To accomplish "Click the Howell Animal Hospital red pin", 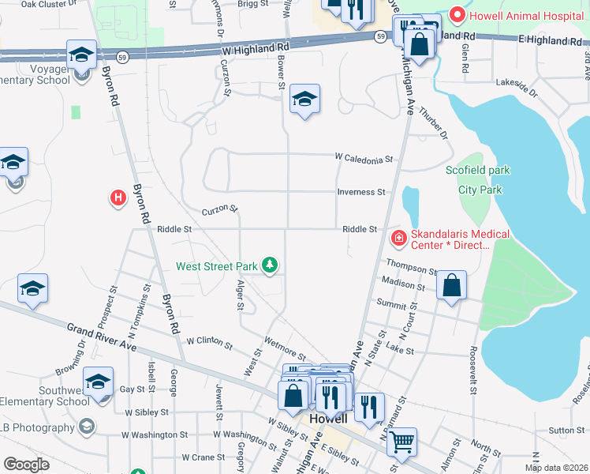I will [457, 14].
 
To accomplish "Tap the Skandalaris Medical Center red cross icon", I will [398, 236].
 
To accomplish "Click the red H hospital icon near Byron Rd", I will [118, 197].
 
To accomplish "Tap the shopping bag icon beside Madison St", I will [451, 286].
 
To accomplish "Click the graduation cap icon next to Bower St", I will [304, 100].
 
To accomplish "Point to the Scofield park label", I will [477, 170].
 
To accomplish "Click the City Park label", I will [480, 190].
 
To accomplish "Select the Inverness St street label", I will [361, 192].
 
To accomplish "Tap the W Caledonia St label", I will [364, 159].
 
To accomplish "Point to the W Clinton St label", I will [209, 342].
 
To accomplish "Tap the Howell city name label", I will [328, 418].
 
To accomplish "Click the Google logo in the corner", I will [26, 464].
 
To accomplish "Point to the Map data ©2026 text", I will [556, 468].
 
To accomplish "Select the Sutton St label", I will [566, 430].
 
